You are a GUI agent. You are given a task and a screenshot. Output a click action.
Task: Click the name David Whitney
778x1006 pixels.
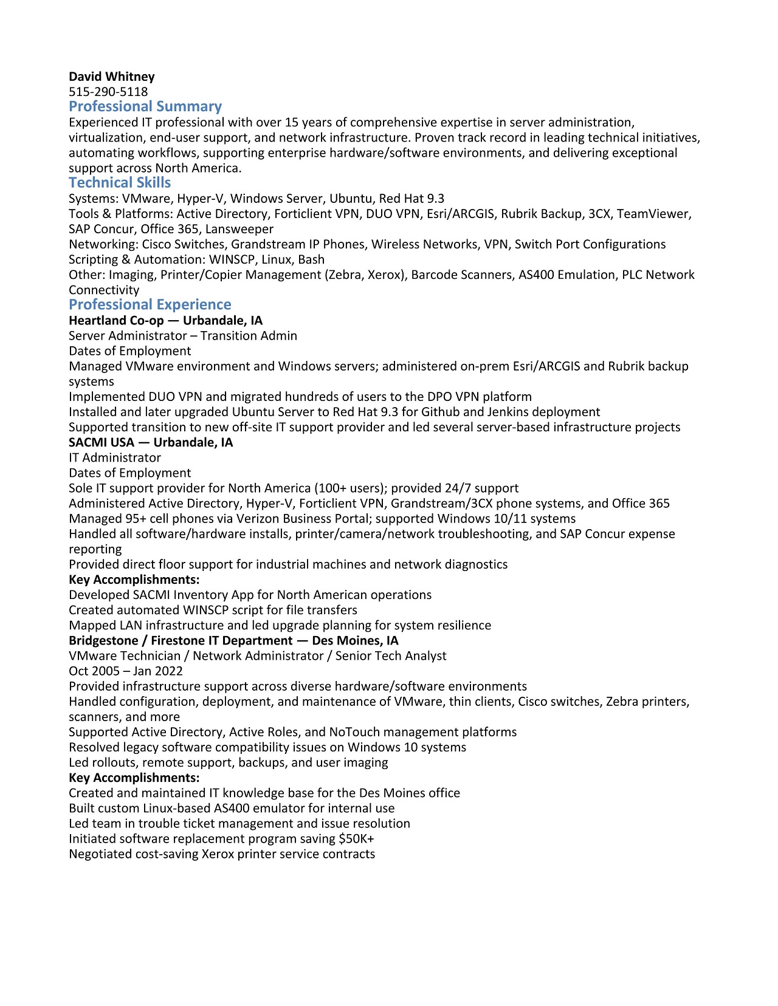click(x=112, y=77)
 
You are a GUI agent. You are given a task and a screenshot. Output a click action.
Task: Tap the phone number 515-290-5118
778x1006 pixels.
click(x=108, y=92)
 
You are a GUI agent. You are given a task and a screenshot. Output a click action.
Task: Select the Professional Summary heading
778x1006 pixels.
click(x=145, y=106)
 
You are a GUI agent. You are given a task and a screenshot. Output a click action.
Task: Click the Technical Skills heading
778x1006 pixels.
click(x=120, y=183)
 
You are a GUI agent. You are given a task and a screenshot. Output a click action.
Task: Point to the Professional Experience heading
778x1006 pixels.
click(x=150, y=304)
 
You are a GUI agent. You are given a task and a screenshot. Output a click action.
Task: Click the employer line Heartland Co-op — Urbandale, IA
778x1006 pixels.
click(x=165, y=320)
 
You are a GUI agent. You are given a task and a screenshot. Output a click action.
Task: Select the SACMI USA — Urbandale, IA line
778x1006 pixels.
click(x=151, y=442)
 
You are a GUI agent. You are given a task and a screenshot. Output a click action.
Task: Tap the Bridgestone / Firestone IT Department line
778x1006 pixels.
click(x=233, y=640)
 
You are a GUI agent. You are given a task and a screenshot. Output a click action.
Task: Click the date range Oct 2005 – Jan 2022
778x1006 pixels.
click(x=126, y=671)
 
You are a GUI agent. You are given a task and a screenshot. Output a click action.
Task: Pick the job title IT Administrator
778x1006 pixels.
click(x=115, y=457)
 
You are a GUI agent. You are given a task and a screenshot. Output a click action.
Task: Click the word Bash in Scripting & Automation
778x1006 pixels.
click(x=311, y=259)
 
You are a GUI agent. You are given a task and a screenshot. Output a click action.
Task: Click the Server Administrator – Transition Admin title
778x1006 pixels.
click(x=183, y=335)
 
